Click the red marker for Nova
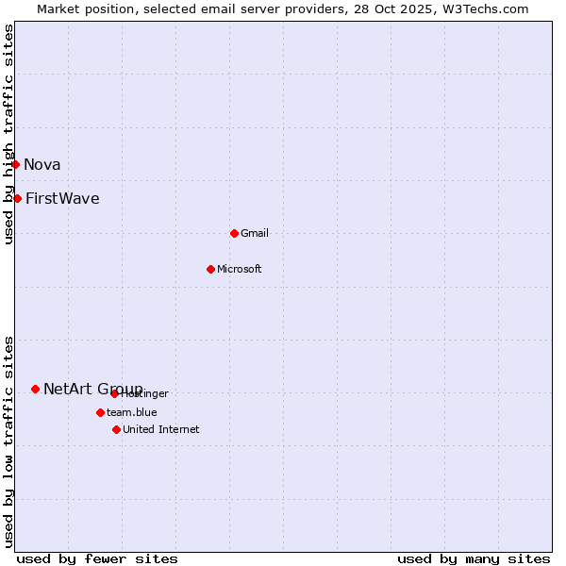coord(15,165)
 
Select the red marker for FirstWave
coord(17,198)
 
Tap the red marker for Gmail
coord(234,233)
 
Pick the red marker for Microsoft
coord(210,269)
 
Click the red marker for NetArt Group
coord(35,389)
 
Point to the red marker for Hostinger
coord(114,393)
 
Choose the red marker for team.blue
coord(100,412)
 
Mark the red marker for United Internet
coord(116,429)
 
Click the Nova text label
coord(42,165)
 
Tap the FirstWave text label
coord(62,198)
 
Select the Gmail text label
coord(255,233)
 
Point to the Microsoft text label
coord(240,269)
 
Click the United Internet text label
coord(161,429)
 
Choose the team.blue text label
coord(132,412)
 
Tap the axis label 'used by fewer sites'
coord(97,558)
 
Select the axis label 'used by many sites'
coord(474,558)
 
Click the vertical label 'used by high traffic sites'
coord(8,134)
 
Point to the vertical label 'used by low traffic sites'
coord(8,441)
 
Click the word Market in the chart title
coord(58,8)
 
